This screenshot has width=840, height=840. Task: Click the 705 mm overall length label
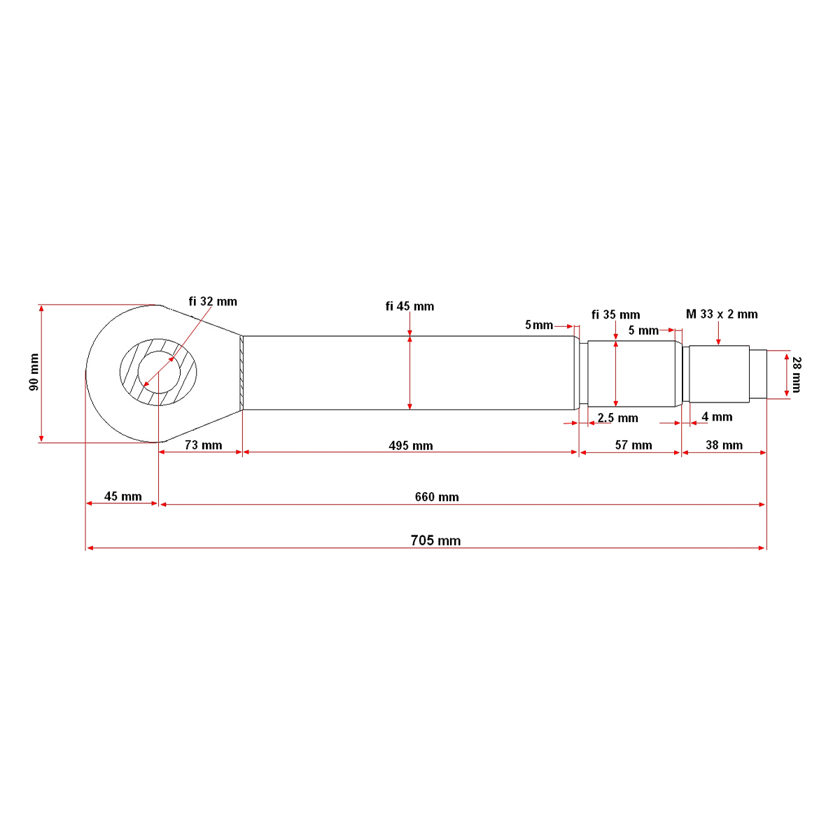[x=435, y=540]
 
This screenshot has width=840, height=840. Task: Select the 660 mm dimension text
[x=437, y=497]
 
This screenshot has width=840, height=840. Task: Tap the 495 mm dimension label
[x=411, y=445]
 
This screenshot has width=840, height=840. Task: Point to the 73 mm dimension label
[x=203, y=445]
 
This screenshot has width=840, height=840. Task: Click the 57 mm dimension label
[x=633, y=445]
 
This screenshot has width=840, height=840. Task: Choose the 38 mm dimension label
[x=724, y=445]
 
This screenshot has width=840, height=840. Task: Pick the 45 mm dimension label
[x=123, y=496]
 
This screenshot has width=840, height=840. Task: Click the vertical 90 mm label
[x=34, y=372]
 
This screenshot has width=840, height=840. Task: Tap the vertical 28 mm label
[x=797, y=375]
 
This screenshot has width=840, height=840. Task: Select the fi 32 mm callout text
[x=213, y=302]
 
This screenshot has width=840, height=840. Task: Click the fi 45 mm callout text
[x=409, y=307]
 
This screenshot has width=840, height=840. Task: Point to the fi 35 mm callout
[x=615, y=315]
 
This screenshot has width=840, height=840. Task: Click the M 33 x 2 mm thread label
[x=722, y=314]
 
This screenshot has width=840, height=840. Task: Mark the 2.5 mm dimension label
[x=617, y=418]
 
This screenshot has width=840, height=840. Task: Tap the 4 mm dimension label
[x=717, y=416]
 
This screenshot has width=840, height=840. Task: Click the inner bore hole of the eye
[x=159, y=372]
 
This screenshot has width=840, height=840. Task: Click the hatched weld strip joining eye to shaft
[x=241, y=372]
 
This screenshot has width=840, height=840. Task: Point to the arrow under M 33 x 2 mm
[x=718, y=333]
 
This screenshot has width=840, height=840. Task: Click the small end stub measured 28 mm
[x=758, y=374]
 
